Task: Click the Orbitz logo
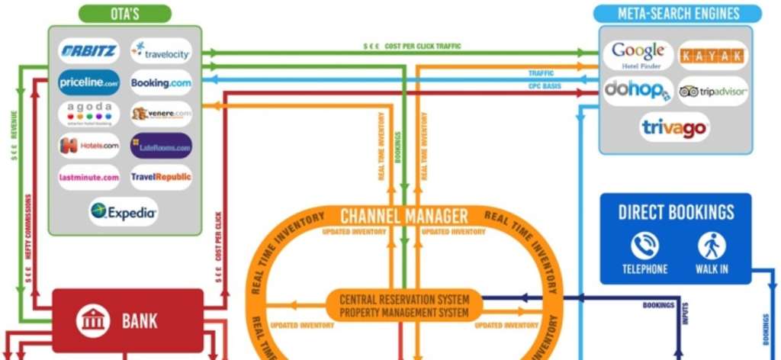[x=88, y=52]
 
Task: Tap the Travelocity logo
[x=161, y=53]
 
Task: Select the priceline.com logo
[x=88, y=82]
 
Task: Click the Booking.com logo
[x=161, y=82]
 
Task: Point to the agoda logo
[x=88, y=113]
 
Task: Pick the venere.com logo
[x=161, y=114]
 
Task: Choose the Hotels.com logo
[x=88, y=145]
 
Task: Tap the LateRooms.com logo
[x=161, y=145]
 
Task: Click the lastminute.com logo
[x=88, y=177]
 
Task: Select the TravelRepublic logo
[x=161, y=177]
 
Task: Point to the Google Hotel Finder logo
[x=638, y=55]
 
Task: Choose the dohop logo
[x=638, y=91]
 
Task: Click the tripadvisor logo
[x=712, y=92]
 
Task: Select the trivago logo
[x=674, y=127]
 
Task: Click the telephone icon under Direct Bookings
[x=644, y=246]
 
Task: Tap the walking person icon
[x=712, y=246]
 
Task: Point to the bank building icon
[x=93, y=320]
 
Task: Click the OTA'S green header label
[x=124, y=14]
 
